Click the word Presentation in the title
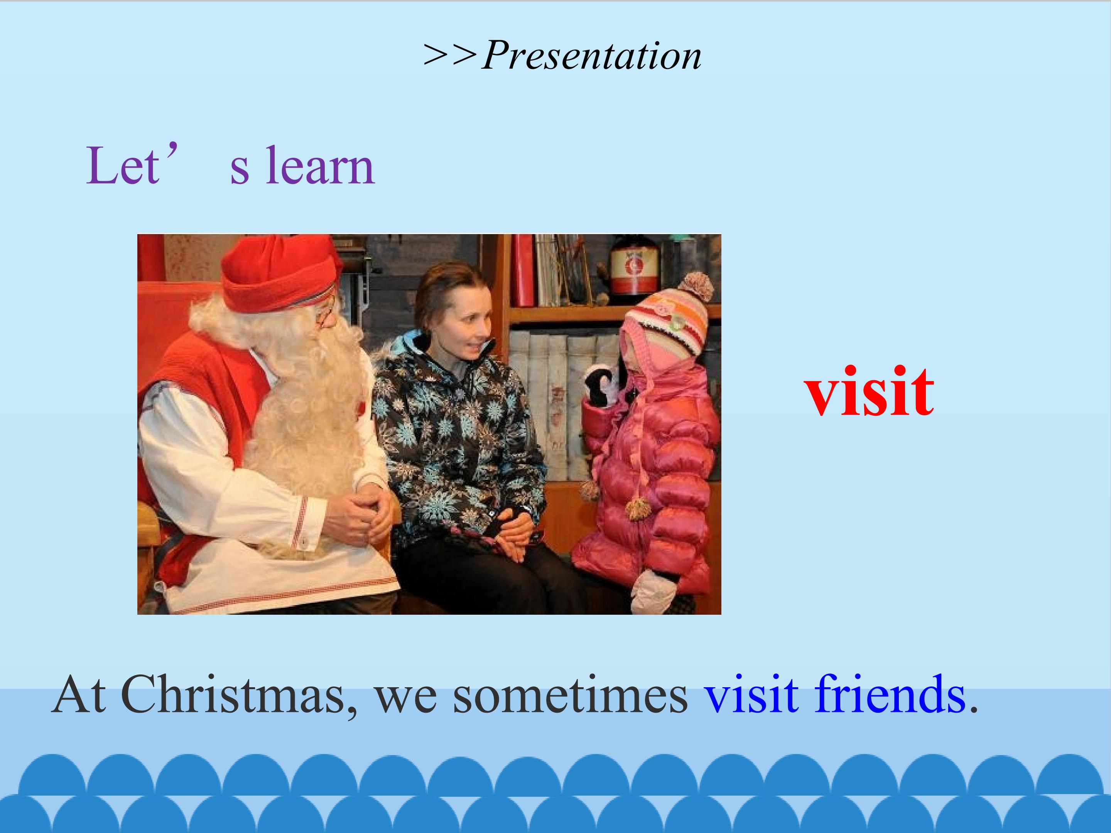pos(592,55)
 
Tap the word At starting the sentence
pos(78,695)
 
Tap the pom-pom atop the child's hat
pos(696,286)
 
